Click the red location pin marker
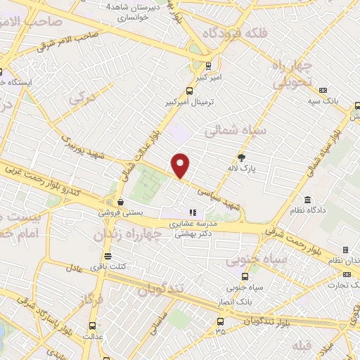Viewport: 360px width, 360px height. pos(181,165)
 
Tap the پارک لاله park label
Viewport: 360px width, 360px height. pos(250,169)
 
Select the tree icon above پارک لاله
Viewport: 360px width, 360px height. pos(243,157)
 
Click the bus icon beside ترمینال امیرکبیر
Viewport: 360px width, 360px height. pos(188,91)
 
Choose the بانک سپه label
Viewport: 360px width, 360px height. pos(326,101)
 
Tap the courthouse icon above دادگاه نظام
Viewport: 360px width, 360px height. pos(307,200)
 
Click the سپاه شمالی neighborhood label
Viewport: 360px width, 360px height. pos(235,131)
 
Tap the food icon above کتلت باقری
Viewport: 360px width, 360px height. pos(107,256)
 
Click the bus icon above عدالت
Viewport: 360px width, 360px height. pos(93,326)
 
